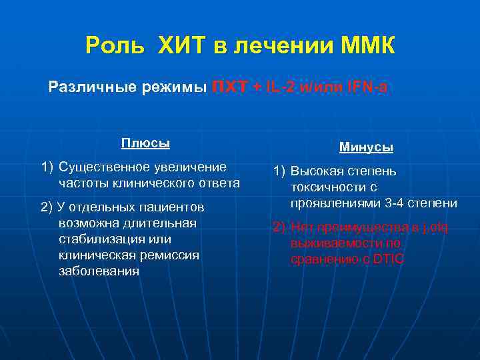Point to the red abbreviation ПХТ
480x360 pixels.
[229, 87]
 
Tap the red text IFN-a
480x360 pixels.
[362, 87]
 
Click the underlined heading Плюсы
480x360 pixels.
[145, 143]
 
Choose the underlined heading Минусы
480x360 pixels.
[366, 147]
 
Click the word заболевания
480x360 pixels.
[99, 271]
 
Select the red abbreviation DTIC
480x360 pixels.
[389, 259]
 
